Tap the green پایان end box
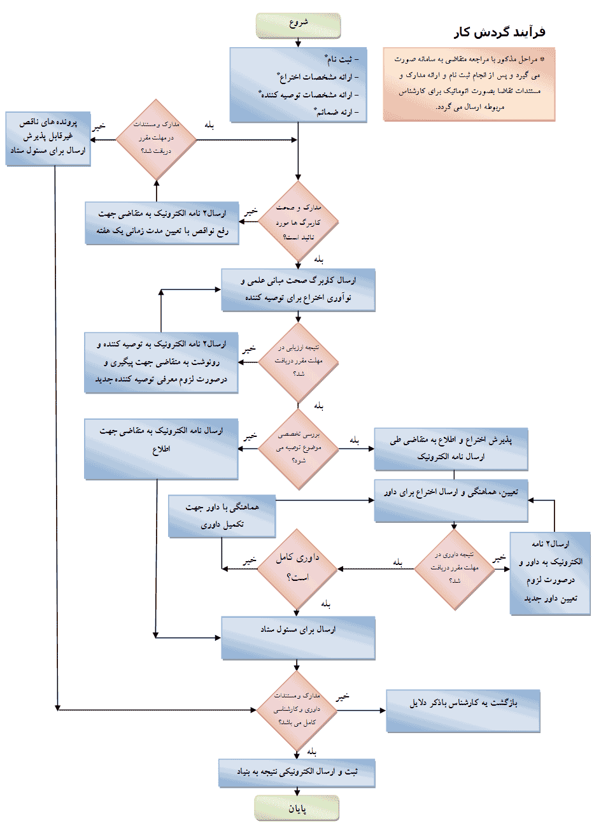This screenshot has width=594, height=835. coord(297,808)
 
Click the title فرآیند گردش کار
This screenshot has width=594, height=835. coord(499,32)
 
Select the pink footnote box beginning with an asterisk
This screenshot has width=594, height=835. coord(469,83)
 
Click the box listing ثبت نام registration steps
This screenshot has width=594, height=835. coord(298,85)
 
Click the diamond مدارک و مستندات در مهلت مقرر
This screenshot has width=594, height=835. coord(156,139)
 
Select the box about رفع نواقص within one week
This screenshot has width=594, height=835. coord(162,223)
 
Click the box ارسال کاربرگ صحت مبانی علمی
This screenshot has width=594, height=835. coord(298,290)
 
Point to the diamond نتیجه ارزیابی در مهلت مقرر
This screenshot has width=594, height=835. coord(298,361)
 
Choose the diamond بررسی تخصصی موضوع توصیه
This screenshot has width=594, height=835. coord(298,449)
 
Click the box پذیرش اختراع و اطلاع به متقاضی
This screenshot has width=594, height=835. coord(451,448)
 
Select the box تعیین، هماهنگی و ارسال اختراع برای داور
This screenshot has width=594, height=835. coord(451,501)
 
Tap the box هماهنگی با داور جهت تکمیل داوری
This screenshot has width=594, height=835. coord(222,516)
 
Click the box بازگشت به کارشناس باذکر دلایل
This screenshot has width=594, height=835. coord(463,711)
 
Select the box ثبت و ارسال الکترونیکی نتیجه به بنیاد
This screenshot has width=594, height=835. coord(297,773)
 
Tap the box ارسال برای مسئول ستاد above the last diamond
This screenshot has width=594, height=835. coord(298,638)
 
